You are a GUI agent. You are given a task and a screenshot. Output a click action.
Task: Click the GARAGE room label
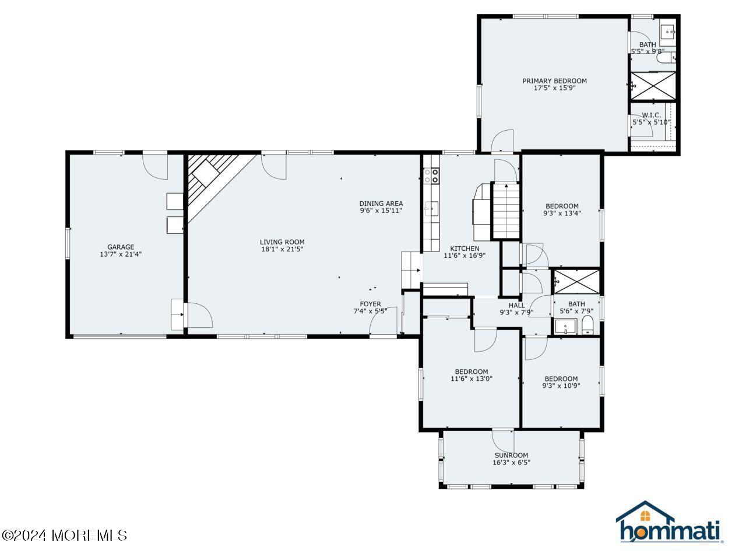click(121, 247)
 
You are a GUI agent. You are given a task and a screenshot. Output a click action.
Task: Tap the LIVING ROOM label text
click(282, 242)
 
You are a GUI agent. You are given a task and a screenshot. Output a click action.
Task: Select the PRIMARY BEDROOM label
click(554, 81)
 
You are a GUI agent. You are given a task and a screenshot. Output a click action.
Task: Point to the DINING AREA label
click(381, 204)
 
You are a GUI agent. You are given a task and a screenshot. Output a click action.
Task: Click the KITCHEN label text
click(465, 249)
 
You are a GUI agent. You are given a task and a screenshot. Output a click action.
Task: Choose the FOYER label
click(370, 304)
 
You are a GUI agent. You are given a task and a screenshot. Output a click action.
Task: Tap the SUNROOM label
click(511, 456)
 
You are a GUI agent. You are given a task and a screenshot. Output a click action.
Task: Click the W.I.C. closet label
click(651, 115)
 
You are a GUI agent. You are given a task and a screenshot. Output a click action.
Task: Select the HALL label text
click(516, 305)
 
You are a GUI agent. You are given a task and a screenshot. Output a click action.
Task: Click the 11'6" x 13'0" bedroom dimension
click(471, 379)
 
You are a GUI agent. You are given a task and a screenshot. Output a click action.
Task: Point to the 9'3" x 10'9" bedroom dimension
click(561, 386)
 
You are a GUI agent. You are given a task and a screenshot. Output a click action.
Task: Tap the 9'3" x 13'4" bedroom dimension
click(562, 213)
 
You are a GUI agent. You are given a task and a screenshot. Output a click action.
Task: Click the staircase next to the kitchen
click(506, 210)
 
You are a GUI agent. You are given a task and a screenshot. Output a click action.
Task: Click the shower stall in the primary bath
click(652, 86)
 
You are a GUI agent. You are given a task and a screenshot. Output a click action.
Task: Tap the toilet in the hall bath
click(587, 326)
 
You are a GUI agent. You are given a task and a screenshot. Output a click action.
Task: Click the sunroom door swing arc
click(503, 440)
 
